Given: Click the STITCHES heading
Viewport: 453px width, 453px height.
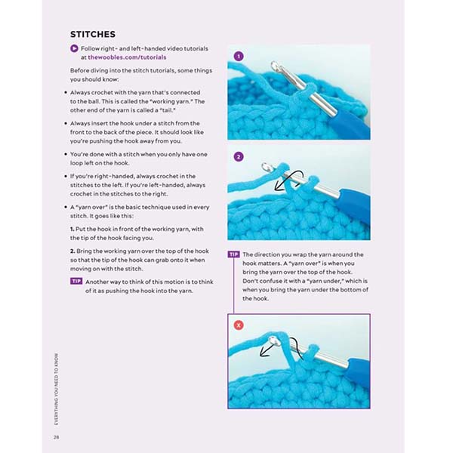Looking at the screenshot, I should point(92,34).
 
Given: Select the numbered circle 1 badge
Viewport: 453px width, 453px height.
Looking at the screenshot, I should point(239,56).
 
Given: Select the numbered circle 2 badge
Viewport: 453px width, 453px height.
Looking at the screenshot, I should point(239,157).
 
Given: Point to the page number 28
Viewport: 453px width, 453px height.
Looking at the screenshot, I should point(56,437).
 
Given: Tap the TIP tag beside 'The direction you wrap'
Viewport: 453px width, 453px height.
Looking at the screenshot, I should point(233,254).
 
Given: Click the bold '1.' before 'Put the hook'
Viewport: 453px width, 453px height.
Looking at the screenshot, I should point(72,228).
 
